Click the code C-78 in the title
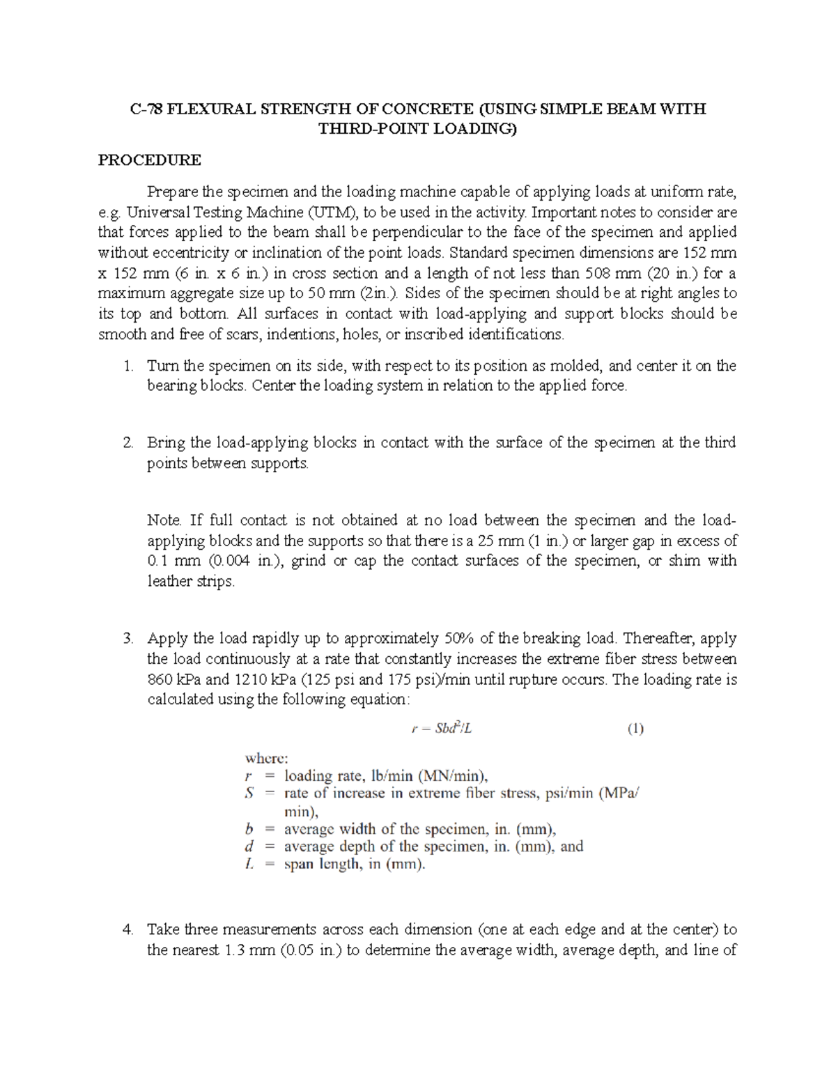click(x=146, y=109)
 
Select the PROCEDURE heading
click(x=149, y=160)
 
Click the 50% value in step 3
click(x=457, y=639)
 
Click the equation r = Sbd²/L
click(x=444, y=729)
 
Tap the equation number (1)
click(x=635, y=729)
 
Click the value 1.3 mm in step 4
click(x=248, y=950)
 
